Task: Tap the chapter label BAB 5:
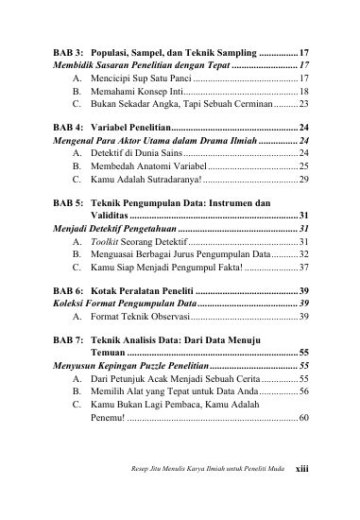point(68,203)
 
